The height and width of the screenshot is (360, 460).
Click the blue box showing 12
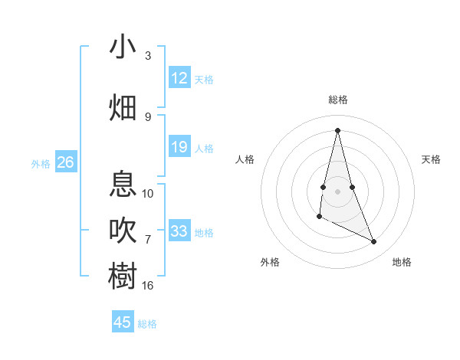point(179,78)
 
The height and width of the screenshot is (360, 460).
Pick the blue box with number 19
point(179,147)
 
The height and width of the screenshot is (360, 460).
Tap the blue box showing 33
point(179,231)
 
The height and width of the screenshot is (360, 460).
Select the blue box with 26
point(65,162)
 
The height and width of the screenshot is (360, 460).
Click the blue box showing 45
point(123,322)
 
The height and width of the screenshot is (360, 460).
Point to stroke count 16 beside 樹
point(148,286)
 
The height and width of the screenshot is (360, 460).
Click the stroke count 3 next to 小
point(148,56)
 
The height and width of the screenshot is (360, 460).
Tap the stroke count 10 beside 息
point(148,194)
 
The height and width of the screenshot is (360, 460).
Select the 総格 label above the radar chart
point(338,100)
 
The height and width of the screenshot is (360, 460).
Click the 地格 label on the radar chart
point(402,262)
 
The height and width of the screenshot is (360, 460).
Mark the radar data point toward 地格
point(374,242)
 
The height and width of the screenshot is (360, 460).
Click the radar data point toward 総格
point(338,129)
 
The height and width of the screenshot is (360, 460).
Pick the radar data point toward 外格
point(319,218)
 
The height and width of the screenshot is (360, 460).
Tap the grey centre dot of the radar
point(338,181)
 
